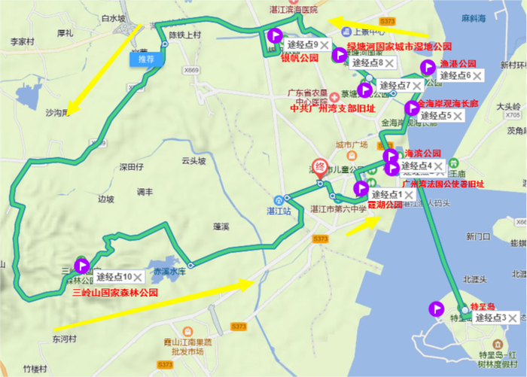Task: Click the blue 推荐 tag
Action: click(145, 59)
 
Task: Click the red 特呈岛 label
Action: click(481, 307)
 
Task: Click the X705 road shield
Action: click(513, 116)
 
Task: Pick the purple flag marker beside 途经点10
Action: click(82, 265)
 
